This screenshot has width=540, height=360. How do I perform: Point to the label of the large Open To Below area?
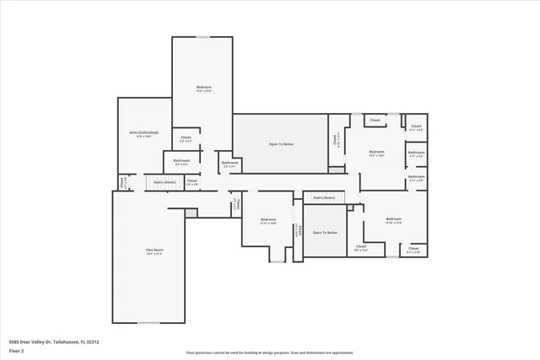[281, 144]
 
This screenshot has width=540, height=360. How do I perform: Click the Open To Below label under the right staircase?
[325, 233]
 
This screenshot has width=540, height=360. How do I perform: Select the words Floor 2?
[17, 351]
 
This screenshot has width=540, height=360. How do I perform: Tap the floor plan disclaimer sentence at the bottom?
[270, 352]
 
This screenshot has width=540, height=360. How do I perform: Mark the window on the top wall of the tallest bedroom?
[203, 37]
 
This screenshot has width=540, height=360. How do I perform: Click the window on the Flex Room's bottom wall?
[148, 323]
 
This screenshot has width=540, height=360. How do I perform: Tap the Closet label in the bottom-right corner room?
[413, 250]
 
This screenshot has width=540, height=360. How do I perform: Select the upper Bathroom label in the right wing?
[416, 155]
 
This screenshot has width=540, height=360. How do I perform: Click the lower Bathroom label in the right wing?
[416, 178]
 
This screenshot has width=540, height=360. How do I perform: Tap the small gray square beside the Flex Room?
[191, 212]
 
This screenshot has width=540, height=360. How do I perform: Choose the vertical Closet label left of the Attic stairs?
[122, 180]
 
